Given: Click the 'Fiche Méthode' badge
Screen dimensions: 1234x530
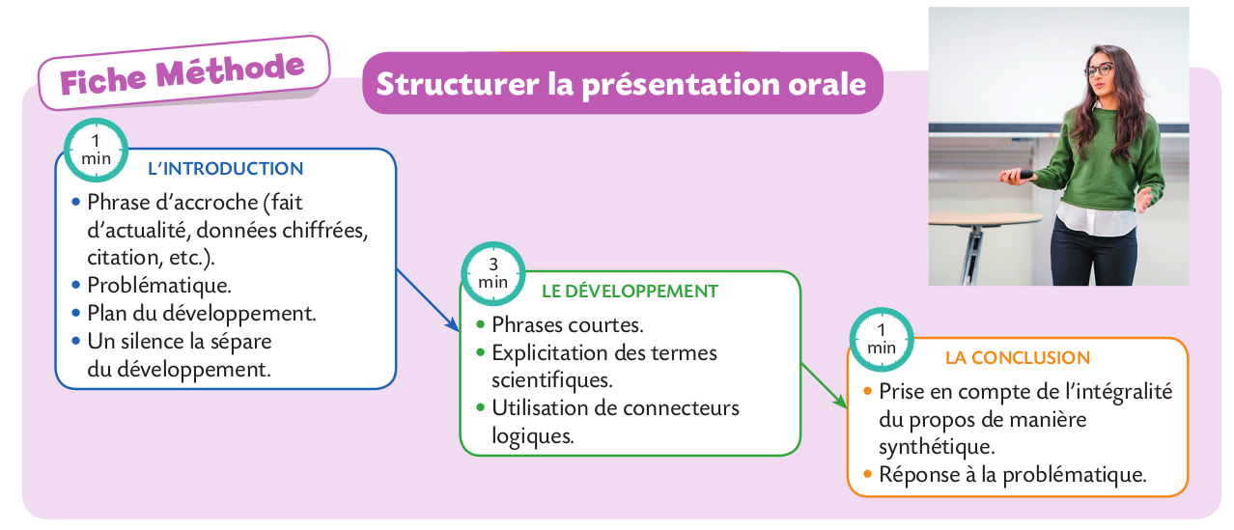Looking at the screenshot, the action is click(183, 73).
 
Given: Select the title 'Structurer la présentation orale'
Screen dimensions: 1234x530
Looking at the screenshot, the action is click(622, 84).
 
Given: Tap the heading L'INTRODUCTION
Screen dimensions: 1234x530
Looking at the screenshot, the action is click(225, 168).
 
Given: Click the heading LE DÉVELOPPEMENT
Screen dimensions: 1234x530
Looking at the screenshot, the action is click(630, 291).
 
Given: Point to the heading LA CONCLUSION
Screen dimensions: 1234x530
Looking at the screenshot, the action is click(1018, 357).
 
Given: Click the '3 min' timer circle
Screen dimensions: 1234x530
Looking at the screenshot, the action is click(493, 273).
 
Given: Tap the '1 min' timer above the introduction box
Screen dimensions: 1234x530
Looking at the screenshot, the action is click(96, 150).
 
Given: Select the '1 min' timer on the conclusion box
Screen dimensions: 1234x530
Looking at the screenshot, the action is click(882, 340).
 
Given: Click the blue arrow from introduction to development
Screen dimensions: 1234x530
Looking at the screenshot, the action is click(428, 300).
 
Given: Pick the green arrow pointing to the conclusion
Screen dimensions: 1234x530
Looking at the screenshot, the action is click(825, 385).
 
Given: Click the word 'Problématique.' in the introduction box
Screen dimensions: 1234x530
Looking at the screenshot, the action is click(159, 286).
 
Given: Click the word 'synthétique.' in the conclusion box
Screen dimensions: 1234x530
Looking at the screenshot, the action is click(937, 447).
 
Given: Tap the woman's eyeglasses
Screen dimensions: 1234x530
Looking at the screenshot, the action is click(1099, 70).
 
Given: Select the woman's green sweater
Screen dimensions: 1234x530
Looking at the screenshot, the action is click(1096, 159).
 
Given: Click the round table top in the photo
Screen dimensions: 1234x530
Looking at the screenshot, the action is click(986, 219).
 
